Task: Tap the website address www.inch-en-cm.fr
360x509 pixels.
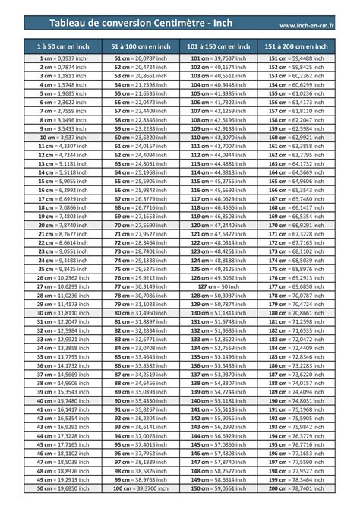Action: (x=312, y=27)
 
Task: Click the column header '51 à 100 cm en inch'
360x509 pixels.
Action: (x=140, y=46)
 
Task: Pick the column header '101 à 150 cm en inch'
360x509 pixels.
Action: (x=218, y=46)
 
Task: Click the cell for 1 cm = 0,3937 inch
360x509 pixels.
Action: (x=62, y=58)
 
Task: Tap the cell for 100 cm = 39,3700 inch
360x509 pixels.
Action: (x=140, y=488)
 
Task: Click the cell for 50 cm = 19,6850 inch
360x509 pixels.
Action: (x=62, y=488)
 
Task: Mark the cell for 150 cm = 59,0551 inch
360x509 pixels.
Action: (x=218, y=488)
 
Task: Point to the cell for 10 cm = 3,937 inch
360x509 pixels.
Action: (x=62, y=138)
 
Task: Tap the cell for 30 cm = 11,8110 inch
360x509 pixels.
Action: (x=62, y=313)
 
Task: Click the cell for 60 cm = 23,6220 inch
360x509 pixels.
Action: (x=140, y=138)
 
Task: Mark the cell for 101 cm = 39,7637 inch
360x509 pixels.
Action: (x=218, y=58)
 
